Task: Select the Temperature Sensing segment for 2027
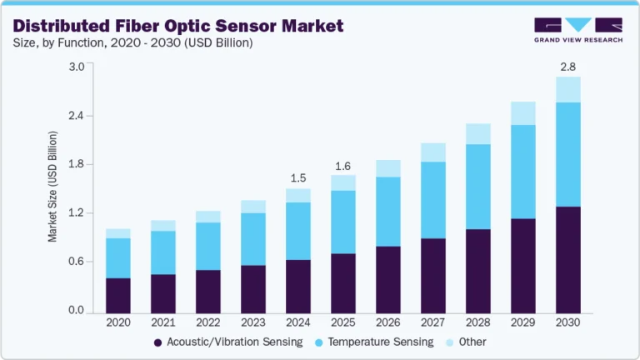coord(433,200)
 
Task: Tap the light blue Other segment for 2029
coord(523,113)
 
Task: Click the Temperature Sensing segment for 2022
coord(208,246)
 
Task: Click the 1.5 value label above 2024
coord(298,177)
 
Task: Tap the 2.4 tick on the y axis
coord(75,115)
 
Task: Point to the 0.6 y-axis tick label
coord(75,262)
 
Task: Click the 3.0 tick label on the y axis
coord(75,67)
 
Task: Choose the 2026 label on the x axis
coord(388,321)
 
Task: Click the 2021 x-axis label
coord(163,321)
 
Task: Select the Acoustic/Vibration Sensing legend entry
coord(226,342)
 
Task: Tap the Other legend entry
coord(466,342)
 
